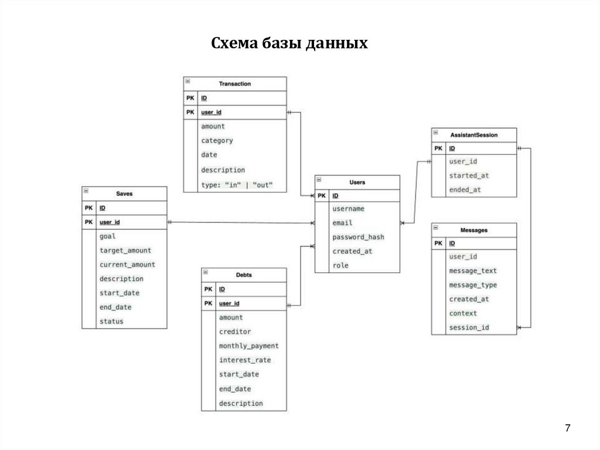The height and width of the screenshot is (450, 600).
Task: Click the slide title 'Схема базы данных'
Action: (x=289, y=43)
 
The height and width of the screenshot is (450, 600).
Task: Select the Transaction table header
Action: (x=234, y=84)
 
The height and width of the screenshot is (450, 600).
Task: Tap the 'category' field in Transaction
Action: (x=217, y=141)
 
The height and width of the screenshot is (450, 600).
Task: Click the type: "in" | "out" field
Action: (x=237, y=185)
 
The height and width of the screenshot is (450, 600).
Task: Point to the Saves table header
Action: (x=124, y=194)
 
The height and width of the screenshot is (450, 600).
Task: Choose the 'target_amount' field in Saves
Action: (x=125, y=251)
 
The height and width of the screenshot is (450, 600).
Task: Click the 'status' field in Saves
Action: (x=111, y=322)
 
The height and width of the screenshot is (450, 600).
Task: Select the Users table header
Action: (x=357, y=182)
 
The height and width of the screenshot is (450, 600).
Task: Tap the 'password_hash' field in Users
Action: (x=358, y=237)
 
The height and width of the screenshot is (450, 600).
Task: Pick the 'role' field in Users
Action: (x=340, y=266)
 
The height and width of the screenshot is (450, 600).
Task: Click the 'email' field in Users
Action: (x=342, y=223)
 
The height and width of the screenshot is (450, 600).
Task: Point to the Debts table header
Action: (x=244, y=275)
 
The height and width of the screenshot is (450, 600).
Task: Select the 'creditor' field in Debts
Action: (x=235, y=331)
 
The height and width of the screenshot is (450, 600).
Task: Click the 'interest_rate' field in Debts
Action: (x=245, y=360)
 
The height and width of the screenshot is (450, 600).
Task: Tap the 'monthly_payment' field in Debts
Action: (x=248, y=346)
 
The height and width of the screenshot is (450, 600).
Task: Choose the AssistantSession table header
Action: (x=474, y=135)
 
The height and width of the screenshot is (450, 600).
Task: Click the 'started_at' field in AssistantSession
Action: (x=469, y=175)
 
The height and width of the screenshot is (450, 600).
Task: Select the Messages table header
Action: (x=474, y=231)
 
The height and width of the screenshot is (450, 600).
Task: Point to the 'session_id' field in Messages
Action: (x=469, y=327)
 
